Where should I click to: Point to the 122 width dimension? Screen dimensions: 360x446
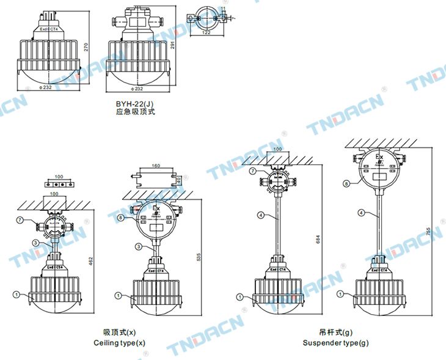pyautogui.click(x=207, y=32)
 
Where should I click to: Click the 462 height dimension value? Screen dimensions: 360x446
pyautogui.click(x=91, y=261)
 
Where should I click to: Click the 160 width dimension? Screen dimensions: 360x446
pyautogui.click(x=156, y=166)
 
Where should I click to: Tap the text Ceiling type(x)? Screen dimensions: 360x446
pyautogui.click(x=119, y=343)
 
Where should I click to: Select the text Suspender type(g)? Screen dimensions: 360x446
pyautogui.click(x=336, y=343)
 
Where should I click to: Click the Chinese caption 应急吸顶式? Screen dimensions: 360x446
pyautogui.click(x=136, y=112)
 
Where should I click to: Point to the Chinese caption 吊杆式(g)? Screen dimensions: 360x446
pyautogui.click(x=336, y=332)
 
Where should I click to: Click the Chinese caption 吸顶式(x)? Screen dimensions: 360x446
pyautogui.click(x=119, y=332)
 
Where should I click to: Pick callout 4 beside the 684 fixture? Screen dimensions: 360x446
pyautogui.click(x=261, y=215)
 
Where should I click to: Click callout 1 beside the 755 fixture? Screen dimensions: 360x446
pyautogui.click(x=342, y=295)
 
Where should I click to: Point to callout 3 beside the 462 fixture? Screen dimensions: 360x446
pyautogui.click(x=36, y=243)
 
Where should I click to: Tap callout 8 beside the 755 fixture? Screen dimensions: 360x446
pyautogui.click(x=346, y=183)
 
